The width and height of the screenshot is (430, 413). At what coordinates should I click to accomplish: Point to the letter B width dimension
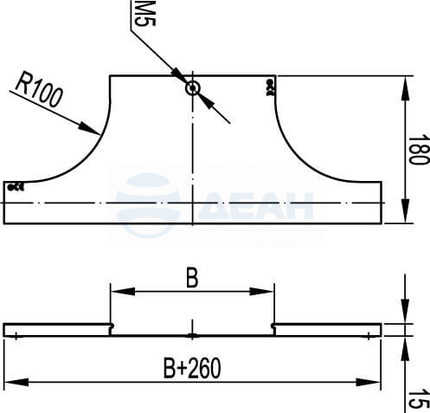pyautogui.click(x=192, y=279)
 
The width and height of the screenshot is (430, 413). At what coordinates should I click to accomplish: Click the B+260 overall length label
pyautogui.click(x=192, y=368)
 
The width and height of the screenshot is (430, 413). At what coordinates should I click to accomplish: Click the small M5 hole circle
pyautogui.click(x=192, y=88)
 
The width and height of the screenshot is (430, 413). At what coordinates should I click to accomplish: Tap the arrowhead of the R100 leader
pyautogui.click(x=90, y=129)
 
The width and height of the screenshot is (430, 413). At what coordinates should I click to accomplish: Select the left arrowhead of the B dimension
pyautogui.click(x=123, y=292)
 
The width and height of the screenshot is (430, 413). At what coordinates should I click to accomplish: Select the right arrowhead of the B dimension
pyautogui.click(x=261, y=292)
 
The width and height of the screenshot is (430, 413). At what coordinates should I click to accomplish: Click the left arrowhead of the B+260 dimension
pyautogui.click(x=16, y=383)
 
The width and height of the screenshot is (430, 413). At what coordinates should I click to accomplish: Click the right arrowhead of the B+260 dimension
pyautogui.click(x=369, y=383)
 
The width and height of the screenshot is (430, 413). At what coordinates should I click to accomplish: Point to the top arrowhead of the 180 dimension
pyautogui.click(x=405, y=88)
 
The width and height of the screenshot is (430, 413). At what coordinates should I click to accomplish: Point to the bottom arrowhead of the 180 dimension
pyautogui.click(x=405, y=210)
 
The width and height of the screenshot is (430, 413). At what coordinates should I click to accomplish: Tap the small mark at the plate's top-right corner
pyautogui.click(x=270, y=87)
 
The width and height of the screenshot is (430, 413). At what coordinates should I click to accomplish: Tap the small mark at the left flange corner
pyautogui.click(x=16, y=187)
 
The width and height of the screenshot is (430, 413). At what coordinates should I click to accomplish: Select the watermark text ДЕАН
pyautogui.click(x=256, y=205)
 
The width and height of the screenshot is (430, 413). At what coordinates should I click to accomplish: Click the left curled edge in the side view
pyautogui.click(x=112, y=329)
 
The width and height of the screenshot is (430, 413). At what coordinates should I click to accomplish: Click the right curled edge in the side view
pyautogui.click(x=273, y=329)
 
